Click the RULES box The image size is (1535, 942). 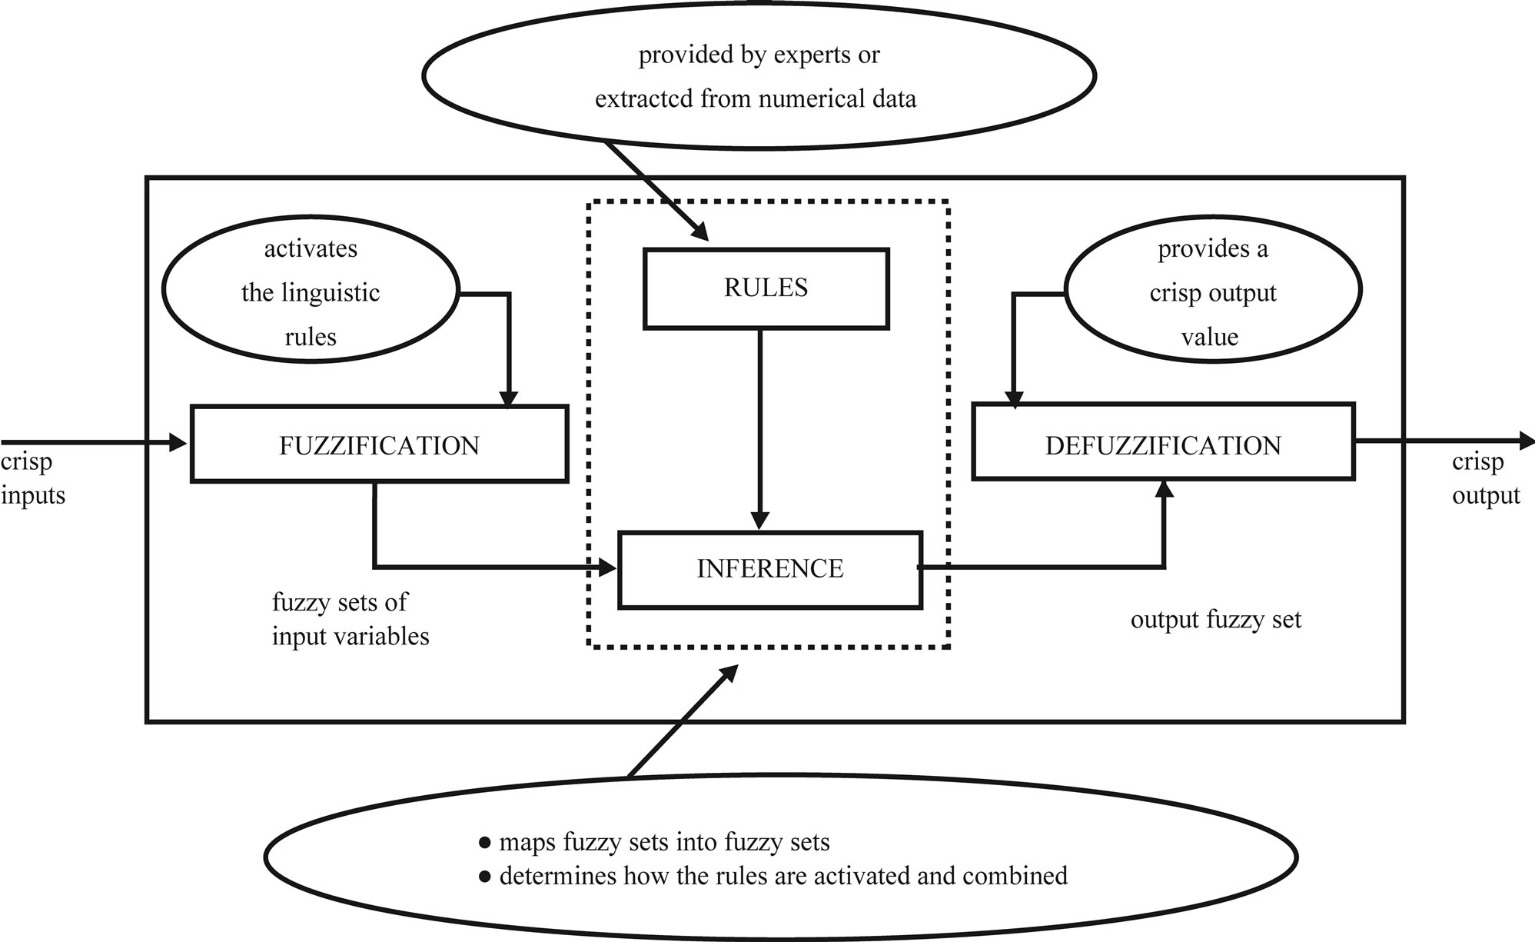tap(766, 288)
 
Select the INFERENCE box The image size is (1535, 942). tap(769, 569)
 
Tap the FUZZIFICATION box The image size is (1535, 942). tap(379, 445)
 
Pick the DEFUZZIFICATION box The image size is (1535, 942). tap(1163, 445)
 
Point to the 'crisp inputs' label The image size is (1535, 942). tap(32, 478)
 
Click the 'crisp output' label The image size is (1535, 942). tap(1484, 478)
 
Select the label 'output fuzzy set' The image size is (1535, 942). tap(1215, 620)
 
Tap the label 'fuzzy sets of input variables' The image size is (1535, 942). tap(350, 619)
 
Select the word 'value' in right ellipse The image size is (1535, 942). tap(1209, 337)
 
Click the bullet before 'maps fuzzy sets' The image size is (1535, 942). tap(484, 843)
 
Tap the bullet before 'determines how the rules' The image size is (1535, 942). tap(484, 877)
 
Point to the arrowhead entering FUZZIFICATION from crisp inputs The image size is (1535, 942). tap(179, 442)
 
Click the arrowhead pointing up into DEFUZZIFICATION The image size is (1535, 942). tap(1165, 489)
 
